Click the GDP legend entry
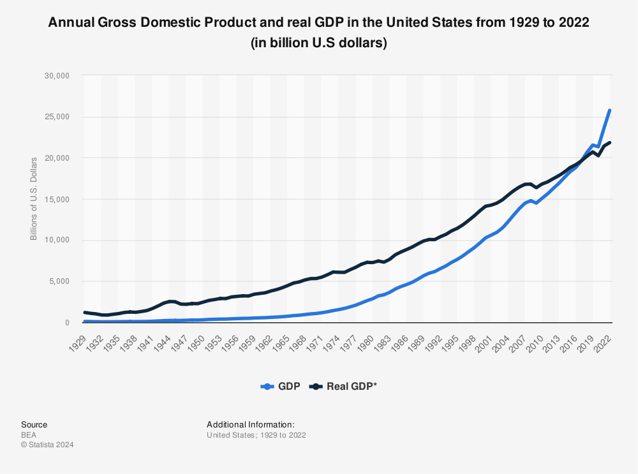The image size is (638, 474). tap(284, 386)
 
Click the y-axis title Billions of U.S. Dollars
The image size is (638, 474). tap(34, 199)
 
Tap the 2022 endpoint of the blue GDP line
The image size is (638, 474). tap(609, 110)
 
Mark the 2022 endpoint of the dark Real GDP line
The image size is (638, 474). tap(609, 142)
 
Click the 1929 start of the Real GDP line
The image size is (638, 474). tap(85, 313)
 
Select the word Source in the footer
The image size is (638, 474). tap(34, 424)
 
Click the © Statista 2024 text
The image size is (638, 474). tap(47, 445)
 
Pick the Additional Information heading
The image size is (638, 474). tap(250, 424)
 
